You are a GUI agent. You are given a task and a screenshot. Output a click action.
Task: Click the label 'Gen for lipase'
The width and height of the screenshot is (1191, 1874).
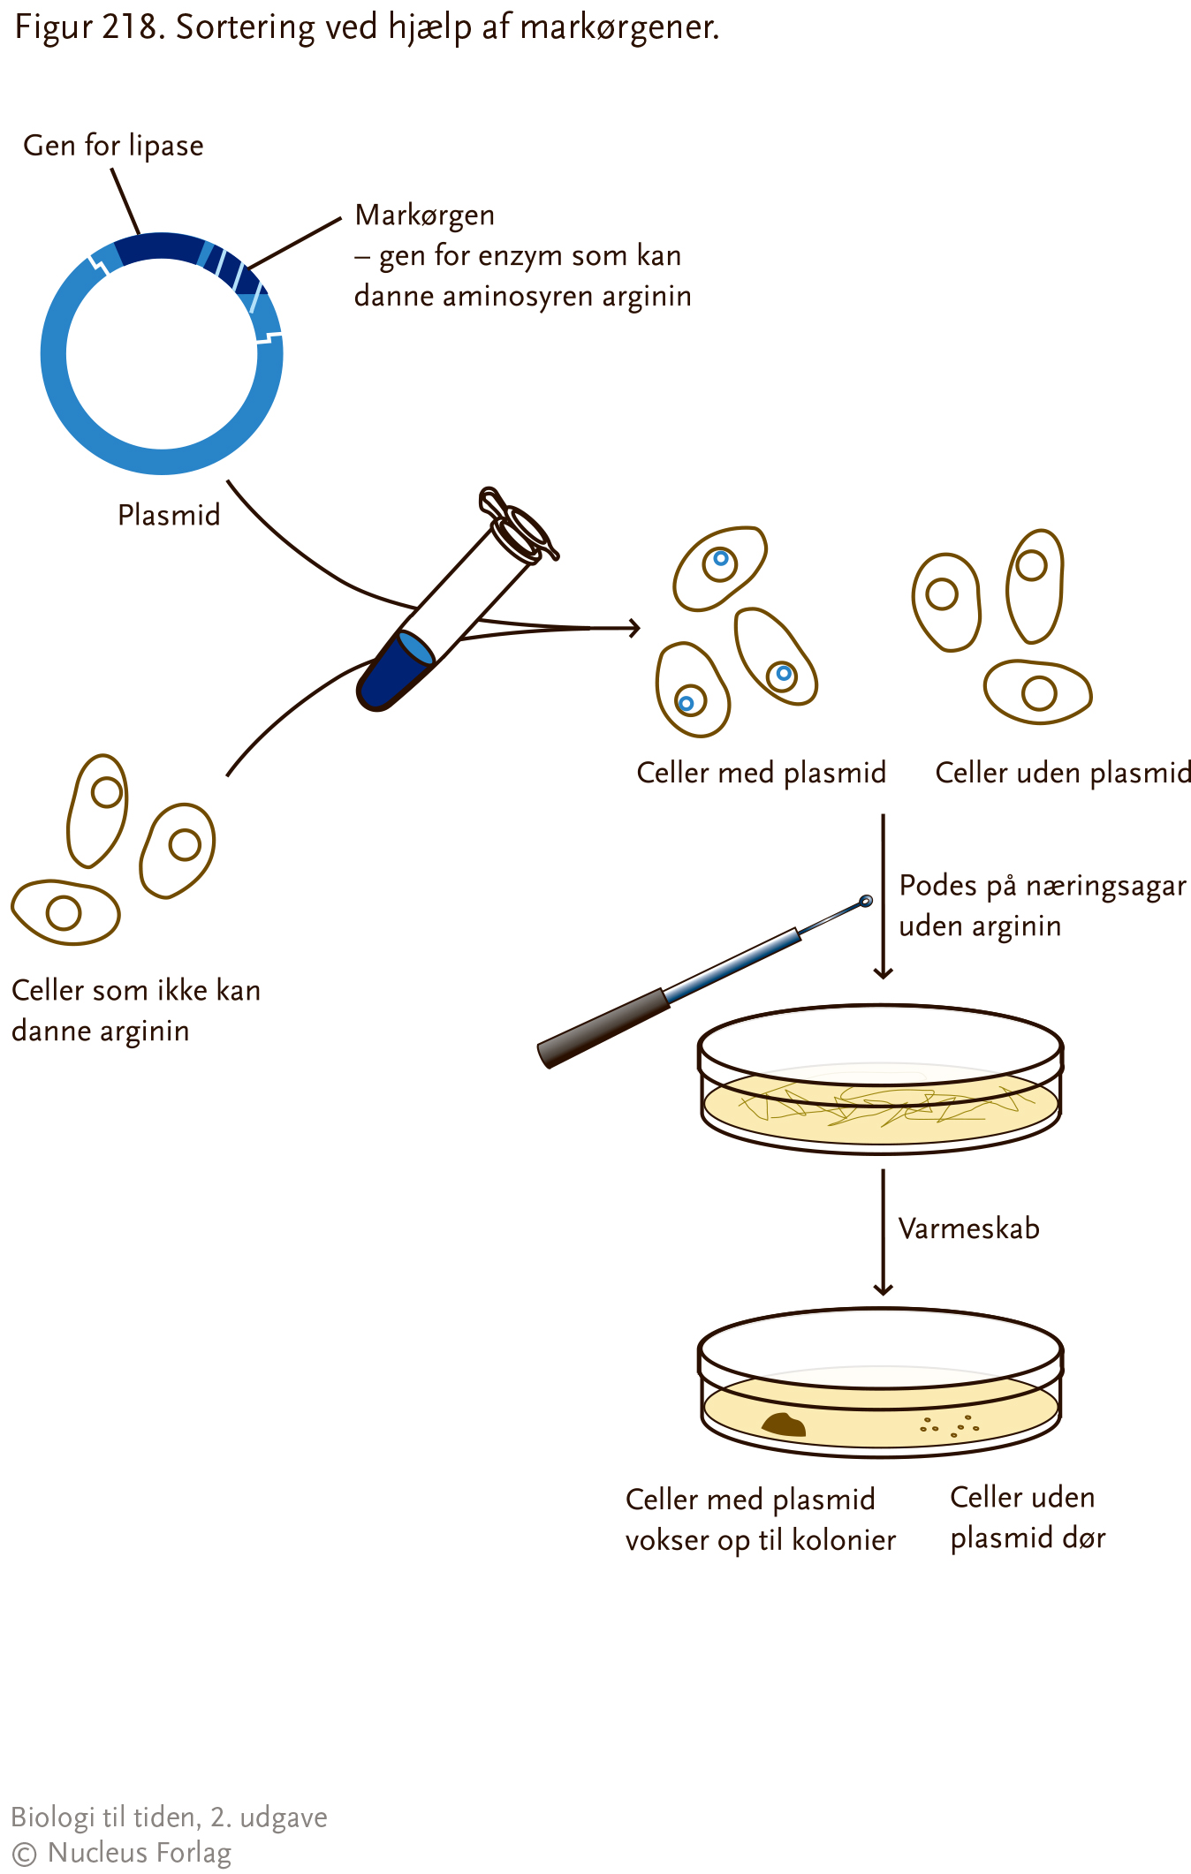tap(113, 146)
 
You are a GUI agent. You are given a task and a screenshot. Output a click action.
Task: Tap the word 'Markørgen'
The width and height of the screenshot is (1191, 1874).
tap(424, 215)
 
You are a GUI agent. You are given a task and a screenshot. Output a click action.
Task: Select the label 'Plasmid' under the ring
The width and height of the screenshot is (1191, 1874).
tap(169, 514)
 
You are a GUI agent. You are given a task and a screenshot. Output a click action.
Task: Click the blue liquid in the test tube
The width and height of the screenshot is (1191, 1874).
tap(396, 670)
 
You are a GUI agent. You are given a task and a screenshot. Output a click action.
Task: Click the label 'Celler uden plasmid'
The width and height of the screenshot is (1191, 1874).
tap(1063, 773)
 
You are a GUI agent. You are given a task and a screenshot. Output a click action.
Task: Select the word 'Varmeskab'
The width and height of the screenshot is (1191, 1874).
tap(968, 1228)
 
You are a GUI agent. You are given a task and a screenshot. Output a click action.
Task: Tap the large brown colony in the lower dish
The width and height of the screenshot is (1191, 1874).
tap(784, 1424)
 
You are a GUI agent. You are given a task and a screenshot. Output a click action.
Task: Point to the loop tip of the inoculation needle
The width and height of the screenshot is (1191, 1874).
tap(866, 901)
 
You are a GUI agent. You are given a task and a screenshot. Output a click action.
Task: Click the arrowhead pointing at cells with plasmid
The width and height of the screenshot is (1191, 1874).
tap(633, 628)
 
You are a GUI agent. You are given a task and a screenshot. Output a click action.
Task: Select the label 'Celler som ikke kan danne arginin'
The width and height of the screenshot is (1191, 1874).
tap(136, 1011)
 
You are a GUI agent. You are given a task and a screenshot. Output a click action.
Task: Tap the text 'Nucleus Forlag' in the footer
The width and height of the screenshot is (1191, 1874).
tap(140, 1853)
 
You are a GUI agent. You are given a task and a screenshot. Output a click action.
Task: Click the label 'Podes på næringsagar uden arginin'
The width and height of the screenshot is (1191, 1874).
tap(1043, 906)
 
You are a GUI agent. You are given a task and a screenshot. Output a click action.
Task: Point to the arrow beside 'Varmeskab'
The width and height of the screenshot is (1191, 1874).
tap(883, 1233)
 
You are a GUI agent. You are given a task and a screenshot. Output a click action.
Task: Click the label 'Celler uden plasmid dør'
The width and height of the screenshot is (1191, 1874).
tap(1028, 1518)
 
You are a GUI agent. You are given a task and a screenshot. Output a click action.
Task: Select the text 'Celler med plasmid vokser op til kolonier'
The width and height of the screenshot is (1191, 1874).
tap(761, 1520)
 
